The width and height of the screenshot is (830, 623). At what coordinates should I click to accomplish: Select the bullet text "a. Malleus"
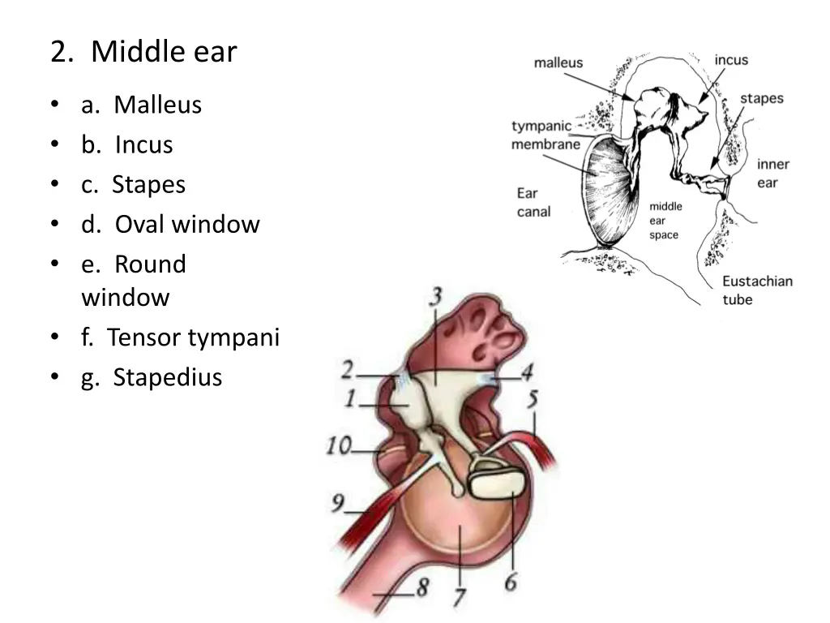141,105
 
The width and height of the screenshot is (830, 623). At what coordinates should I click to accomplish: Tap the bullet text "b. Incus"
126,144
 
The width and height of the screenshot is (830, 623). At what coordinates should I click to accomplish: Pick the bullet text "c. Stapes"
133,184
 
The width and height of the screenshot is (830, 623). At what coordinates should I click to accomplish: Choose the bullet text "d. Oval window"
170,224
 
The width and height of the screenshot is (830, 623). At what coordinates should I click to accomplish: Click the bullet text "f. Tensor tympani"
180,337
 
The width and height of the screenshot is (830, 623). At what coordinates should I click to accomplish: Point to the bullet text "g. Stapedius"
151,377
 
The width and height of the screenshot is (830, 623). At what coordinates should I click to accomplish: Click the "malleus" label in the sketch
558,63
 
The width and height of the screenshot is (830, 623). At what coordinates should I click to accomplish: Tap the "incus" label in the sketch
731,59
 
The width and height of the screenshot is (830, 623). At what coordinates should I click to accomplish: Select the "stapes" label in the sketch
761,98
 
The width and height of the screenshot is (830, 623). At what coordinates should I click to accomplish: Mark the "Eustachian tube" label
757,290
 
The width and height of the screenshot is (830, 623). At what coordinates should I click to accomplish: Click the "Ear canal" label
533,202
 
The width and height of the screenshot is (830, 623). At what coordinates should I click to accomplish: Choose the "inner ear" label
772,173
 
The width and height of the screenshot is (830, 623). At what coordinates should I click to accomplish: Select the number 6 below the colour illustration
511,582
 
